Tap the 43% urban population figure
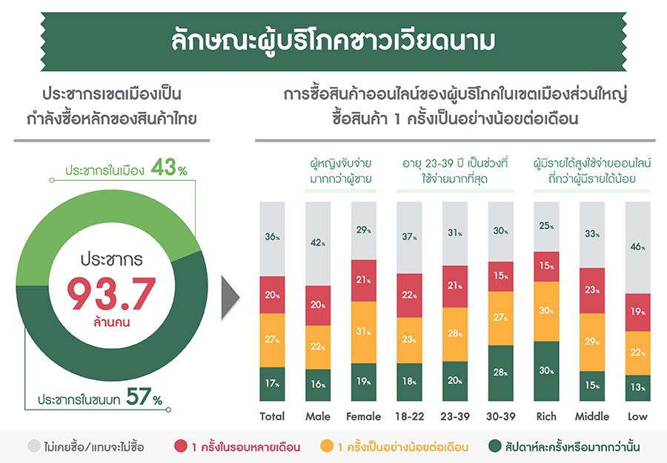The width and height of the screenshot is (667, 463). [168, 169]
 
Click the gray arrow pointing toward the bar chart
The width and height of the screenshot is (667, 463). [230, 300]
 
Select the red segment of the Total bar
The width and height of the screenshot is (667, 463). [272, 295]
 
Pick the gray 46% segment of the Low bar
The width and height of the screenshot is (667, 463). [637, 247]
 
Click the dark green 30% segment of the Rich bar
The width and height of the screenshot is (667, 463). [546, 371]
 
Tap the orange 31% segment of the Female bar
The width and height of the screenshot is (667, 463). [363, 332]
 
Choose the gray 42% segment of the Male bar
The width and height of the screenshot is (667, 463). [317, 243]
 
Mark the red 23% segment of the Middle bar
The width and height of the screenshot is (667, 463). [592, 290]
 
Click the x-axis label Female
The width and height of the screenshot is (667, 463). [363, 416]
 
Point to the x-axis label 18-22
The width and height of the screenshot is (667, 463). [409, 416]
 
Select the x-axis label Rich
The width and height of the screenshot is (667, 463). [546, 416]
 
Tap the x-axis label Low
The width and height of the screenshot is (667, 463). [637, 416]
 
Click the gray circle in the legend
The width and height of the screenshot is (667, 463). [34, 447]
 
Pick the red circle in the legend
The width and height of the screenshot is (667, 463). [180, 447]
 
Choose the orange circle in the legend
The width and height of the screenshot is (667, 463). [327, 447]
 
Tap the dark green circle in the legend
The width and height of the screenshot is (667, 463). [495, 447]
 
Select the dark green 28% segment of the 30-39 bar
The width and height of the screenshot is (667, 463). [500, 373]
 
